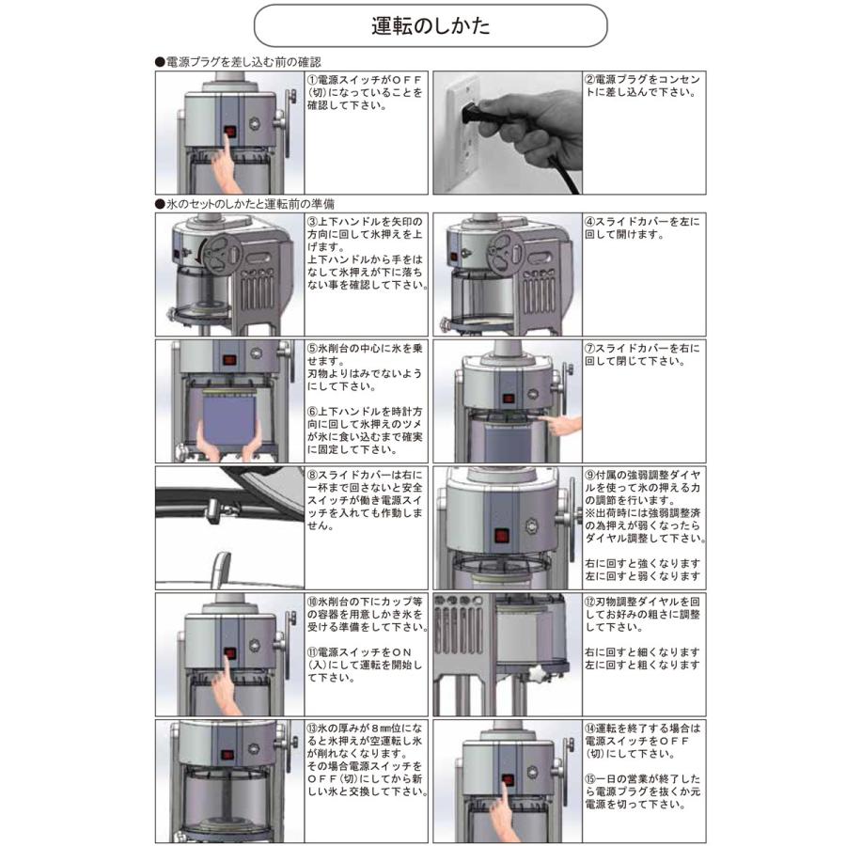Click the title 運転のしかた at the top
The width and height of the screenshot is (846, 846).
click(x=429, y=25)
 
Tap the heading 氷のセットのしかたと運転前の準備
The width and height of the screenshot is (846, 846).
click(x=249, y=203)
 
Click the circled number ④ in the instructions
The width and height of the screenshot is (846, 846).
click(x=589, y=222)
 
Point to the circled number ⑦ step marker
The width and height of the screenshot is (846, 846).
click(x=589, y=348)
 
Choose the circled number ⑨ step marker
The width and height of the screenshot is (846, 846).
click(x=589, y=476)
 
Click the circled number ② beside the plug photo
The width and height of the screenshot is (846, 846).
click(x=589, y=81)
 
